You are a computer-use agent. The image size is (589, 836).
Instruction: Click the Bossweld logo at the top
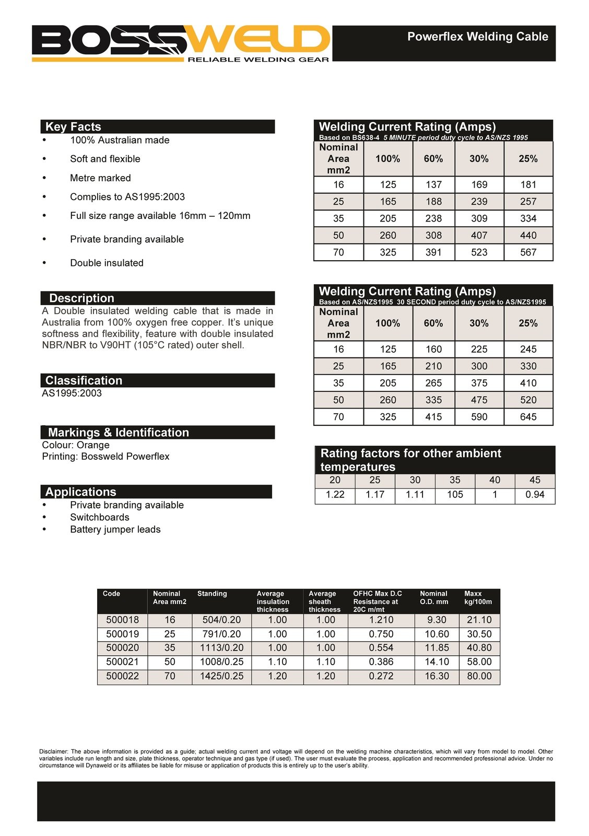181,43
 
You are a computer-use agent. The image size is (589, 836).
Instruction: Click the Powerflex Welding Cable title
477,37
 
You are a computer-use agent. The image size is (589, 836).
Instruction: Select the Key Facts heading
73,126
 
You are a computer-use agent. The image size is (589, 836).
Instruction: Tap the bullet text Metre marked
100,178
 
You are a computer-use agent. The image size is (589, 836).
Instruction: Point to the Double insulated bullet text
107,263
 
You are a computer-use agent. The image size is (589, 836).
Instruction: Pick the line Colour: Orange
76,445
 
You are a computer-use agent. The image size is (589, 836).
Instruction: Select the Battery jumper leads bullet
115,529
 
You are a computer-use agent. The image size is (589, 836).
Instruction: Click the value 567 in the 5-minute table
528,252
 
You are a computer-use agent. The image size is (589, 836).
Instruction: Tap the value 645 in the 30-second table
528,417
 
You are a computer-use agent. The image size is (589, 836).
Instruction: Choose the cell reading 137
433,184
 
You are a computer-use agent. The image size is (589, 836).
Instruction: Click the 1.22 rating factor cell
335,494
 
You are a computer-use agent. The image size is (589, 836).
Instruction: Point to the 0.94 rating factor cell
535,494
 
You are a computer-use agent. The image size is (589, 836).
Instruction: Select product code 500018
123,620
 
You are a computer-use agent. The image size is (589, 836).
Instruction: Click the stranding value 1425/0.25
221,676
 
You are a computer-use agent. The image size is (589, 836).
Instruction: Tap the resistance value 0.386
381,662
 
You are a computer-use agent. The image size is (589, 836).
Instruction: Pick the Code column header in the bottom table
111,594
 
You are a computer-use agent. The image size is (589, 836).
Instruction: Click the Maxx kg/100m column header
478,598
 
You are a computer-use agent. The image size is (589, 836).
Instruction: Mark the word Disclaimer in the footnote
53,751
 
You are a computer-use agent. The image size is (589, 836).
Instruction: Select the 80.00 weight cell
479,676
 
